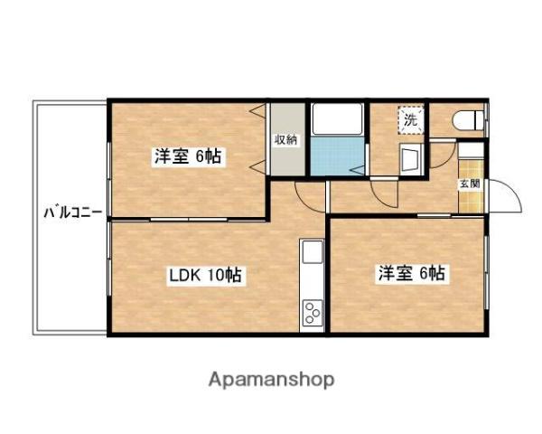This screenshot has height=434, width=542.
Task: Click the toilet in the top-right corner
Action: (468, 120)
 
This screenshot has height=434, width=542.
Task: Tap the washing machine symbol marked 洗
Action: (411, 120)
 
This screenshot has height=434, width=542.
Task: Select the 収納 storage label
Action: (285, 140)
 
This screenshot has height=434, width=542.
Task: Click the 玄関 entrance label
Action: (470, 184)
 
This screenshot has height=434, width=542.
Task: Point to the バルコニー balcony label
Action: (73, 212)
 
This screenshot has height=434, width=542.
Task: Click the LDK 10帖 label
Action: (205, 275)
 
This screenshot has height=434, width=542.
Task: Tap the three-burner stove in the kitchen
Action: (313, 313)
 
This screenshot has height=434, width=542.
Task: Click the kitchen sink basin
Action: (313, 251)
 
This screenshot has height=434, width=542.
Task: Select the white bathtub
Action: (337, 119)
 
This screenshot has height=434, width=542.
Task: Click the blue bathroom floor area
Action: (337, 156)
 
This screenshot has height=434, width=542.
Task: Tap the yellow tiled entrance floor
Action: (471, 186)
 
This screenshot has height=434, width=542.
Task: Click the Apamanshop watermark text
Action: (271, 380)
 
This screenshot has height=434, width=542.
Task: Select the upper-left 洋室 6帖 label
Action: (187, 156)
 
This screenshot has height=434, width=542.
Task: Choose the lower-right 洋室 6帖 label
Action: (411, 273)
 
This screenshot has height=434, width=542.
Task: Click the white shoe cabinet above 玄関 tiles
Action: (471, 151)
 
